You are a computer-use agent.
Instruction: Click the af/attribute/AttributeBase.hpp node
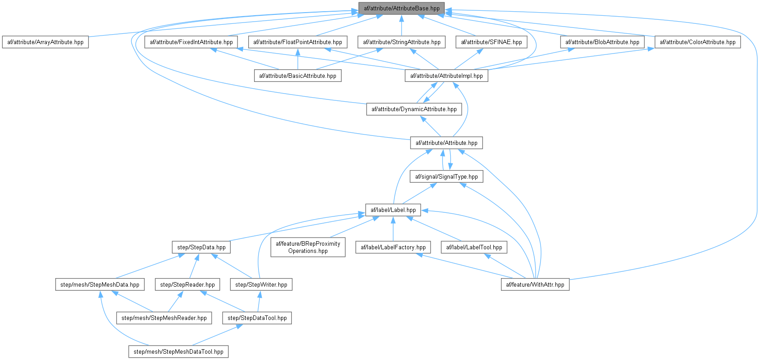point(402,9)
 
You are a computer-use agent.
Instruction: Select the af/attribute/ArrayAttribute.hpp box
point(45,42)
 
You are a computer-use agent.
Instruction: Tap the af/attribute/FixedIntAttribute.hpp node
point(191,42)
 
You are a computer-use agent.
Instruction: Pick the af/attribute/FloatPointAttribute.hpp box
point(298,42)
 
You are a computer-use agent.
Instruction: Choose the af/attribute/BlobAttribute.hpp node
point(602,42)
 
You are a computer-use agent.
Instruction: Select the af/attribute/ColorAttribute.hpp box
point(697,42)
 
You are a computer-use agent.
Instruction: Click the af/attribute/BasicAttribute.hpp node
point(298,76)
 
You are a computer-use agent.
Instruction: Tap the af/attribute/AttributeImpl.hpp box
point(447,76)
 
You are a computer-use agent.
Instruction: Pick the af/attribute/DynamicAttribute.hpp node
point(414,109)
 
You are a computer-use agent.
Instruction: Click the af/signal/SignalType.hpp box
point(447,176)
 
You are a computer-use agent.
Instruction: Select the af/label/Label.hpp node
point(393,210)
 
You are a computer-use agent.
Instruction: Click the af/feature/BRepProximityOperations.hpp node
point(308,247)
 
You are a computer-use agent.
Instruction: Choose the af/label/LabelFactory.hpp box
point(393,247)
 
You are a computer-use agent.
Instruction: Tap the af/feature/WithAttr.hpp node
point(535,285)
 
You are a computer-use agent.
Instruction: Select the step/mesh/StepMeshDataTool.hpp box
point(179,352)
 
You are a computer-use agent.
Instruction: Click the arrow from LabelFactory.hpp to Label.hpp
point(393,229)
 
